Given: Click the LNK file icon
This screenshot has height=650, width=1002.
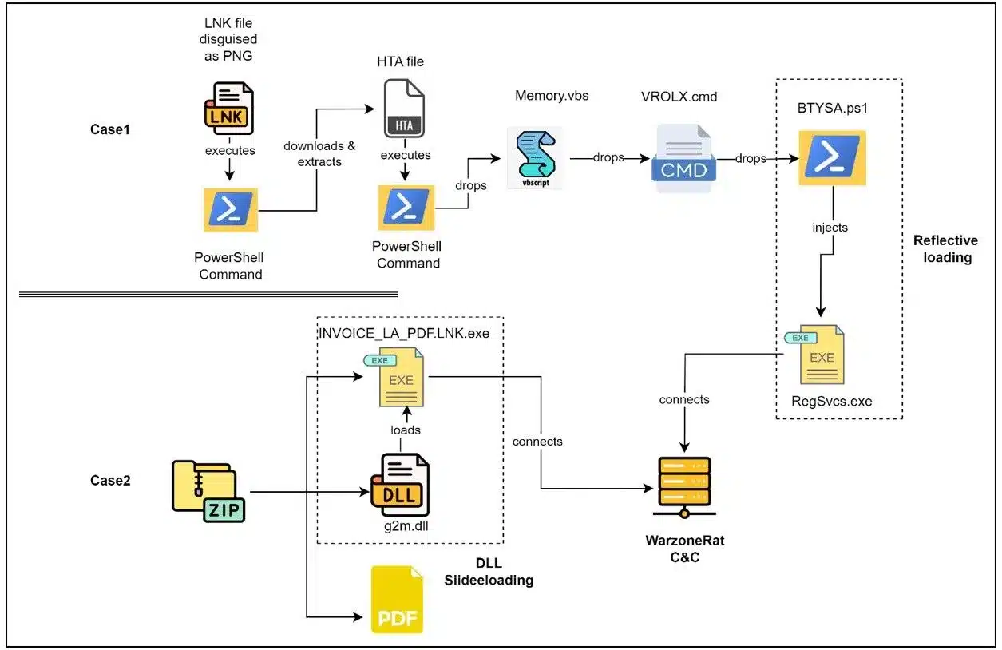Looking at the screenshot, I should pos(229,109).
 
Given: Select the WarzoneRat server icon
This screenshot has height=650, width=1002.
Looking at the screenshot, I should pos(683,488).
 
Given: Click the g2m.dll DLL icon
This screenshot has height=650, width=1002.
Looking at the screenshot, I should pos(400,485).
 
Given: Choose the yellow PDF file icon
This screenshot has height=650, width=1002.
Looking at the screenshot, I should pos(397,600).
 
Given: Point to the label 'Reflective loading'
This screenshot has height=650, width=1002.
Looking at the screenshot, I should pos(945,249).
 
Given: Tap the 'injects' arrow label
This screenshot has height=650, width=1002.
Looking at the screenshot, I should pos(830,228).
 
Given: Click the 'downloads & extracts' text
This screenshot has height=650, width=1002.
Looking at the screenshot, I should pos(319,153).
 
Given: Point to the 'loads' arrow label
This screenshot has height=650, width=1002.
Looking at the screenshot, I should pos(406,430).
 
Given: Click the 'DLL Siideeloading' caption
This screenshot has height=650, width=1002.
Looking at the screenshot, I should pos(488,572).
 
